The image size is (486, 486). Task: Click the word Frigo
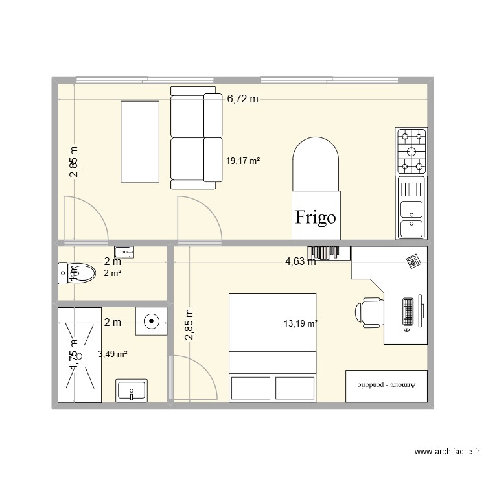316,217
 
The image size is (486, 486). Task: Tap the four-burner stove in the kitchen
411,151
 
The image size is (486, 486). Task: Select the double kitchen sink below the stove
411,209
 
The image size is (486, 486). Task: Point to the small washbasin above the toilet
124,251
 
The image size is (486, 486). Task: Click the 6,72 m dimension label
242,99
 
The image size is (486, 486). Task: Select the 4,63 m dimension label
301,262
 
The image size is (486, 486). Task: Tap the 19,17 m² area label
243,161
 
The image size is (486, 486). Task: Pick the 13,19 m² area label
300,323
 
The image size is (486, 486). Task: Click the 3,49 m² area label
112,354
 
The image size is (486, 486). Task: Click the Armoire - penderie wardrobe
386,386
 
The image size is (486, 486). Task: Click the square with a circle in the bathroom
150,320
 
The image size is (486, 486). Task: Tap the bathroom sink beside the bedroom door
132,391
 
